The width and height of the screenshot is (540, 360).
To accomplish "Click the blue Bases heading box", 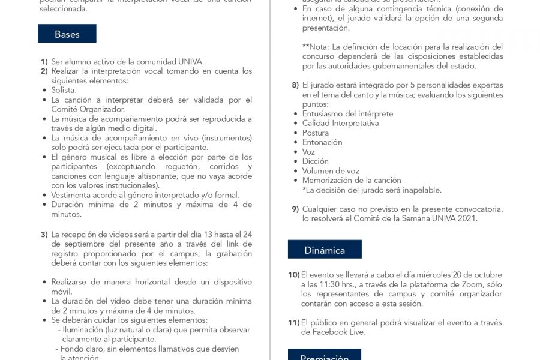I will pyautogui.click(x=67, y=34).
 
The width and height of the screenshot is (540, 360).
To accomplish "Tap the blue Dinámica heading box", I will pyautogui.click(x=325, y=250).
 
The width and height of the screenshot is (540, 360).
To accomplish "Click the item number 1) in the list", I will pyautogui.click(x=44, y=62).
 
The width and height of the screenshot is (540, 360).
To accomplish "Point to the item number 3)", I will pyautogui.click(x=44, y=235).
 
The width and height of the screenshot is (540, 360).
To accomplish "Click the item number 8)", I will pyautogui.click(x=295, y=85).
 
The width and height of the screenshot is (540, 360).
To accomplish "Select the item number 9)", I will pyautogui.click(x=295, y=209).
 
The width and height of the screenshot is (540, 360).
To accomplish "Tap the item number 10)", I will pyautogui.click(x=294, y=275).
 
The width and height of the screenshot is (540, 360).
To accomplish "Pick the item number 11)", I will pyautogui.click(x=294, y=323).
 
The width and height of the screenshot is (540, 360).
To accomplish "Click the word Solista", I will pyautogui.click(x=64, y=90).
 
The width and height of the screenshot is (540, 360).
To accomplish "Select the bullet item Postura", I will pyautogui.click(x=316, y=133).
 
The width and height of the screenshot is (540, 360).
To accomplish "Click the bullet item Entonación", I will pyautogui.click(x=322, y=142).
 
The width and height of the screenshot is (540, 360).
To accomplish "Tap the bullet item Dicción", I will pyautogui.click(x=316, y=161).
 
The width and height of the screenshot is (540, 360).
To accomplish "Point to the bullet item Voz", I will pyautogui.click(x=308, y=152).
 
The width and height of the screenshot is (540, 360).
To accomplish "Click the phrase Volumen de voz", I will pyautogui.click(x=331, y=171).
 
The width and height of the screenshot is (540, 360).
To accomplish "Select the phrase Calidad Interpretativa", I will pyautogui.click(x=340, y=123).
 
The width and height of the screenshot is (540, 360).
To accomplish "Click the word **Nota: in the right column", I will pyautogui.click(x=316, y=47).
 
